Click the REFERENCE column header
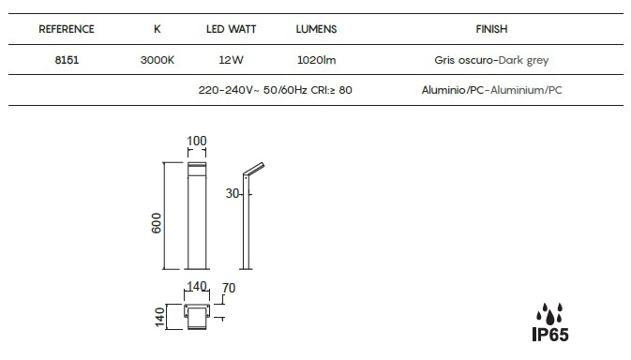[x=67, y=29]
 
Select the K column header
[x=158, y=29]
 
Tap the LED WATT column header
[x=231, y=29]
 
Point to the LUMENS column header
[x=316, y=29]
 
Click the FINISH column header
[x=491, y=29]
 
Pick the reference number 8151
[x=67, y=60]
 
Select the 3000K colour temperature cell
[x=158, y=60]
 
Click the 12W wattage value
[x=231, y=60]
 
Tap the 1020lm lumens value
[x=316, y=60]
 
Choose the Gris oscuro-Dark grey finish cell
[x=491, y=60]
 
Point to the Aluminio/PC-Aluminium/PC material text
[x=491, y=90]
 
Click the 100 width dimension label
[x=197, y=141]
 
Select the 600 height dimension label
[x=157, y=223]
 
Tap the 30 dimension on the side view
[x=233, y=193]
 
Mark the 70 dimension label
[x=229, y=288]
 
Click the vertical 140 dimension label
[x=159, y=318]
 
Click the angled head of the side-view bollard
[x=254, y=169]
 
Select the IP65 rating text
[x=550, y=335]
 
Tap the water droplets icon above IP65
[x=549, y=314]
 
